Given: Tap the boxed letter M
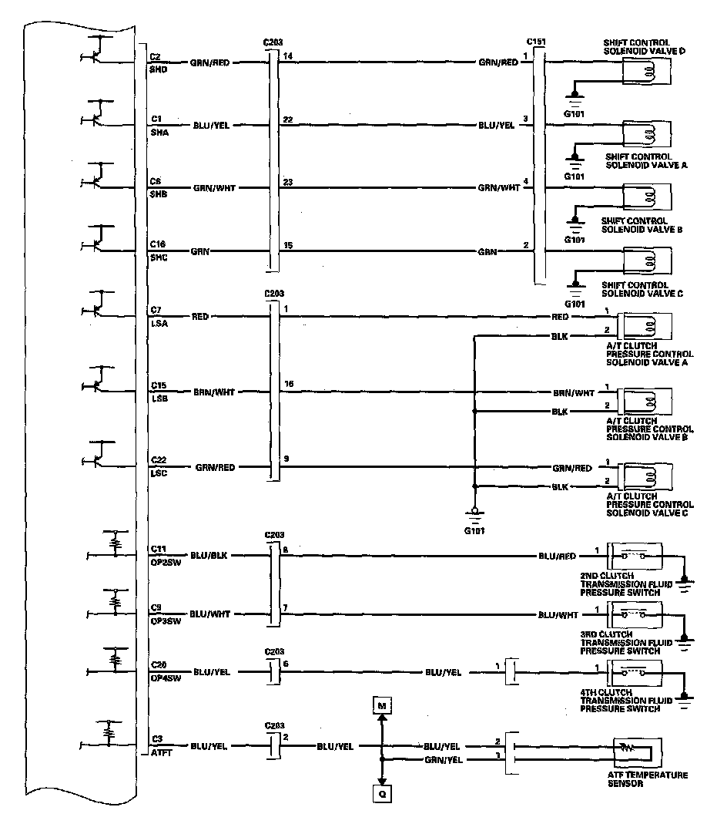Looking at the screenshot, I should (x=381, y=705).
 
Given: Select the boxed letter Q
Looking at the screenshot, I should (x=381, y=792).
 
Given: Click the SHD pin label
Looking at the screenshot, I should (x=159, y=69).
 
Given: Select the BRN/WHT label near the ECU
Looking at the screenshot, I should (x=214, y=392).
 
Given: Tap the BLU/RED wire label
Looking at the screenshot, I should (x=556, y=555).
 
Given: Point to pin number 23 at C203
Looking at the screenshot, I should (x=288, y=183).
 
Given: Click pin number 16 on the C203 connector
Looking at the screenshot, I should (x=289, y=383).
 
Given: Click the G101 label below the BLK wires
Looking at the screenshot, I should (x=475, y=531).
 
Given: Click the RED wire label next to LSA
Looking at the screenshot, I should (x=199, y=317).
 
